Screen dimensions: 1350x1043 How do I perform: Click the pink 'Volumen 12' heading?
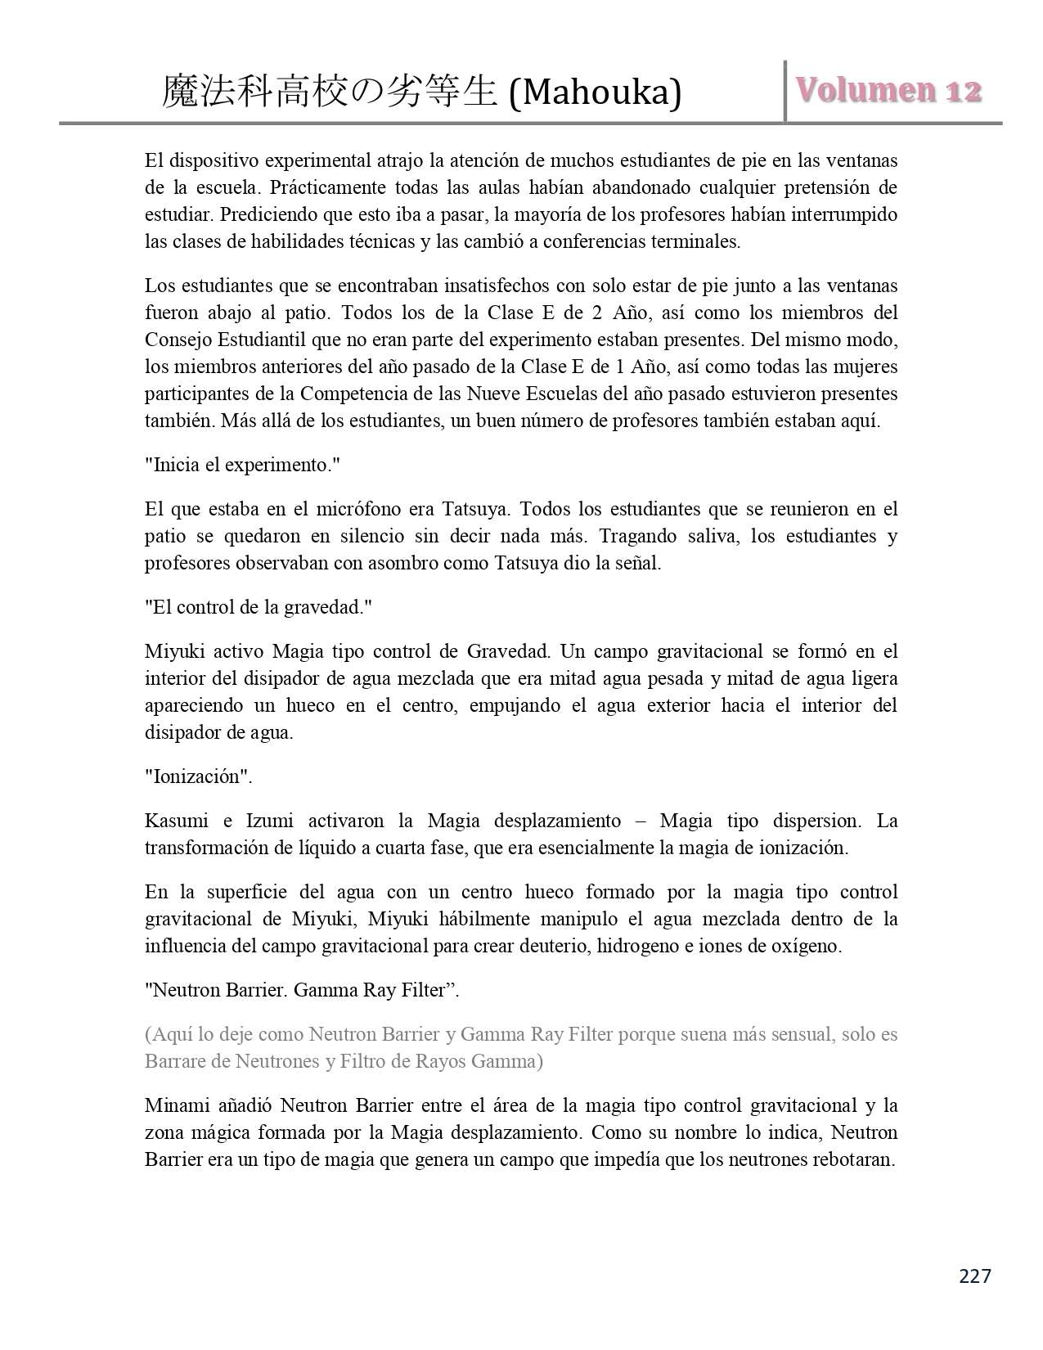[889, 91]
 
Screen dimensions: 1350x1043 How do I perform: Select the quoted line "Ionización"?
[198, 776]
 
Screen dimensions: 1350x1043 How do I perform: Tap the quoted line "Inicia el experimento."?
[242, 466]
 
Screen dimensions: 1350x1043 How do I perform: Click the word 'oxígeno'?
[807, 946]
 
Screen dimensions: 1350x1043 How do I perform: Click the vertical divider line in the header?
[785, 91]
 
